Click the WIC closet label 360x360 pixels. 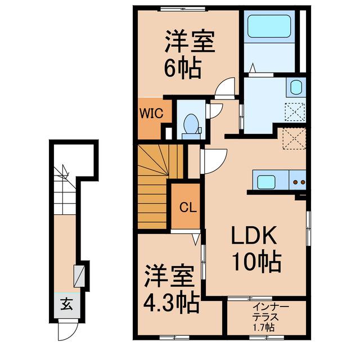pyautogui.click(x=151, y=113)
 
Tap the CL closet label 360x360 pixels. pyautogui.click(x=188, y=208)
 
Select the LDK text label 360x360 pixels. pyautogui.click(x=254, y=236)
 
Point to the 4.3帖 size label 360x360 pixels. pyautogui.click(x=171, y=303)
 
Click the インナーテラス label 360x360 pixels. pyautogui.click(x=267, y=312)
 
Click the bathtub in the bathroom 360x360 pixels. pyautogui.click(x=269, y=26)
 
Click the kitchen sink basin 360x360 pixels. pyautogui.click(x=266, y=182)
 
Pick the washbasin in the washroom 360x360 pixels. pyautogui.click(x=296, y=87)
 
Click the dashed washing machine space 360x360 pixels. pyautogui.click(x=295, y=111)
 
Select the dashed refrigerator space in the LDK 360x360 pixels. pyautogui.click(x=294, y=139)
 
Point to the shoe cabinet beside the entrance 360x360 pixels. pyautogui.click(x=79, y=276)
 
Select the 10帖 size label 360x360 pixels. pyautogui.click(x=257, y=263)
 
